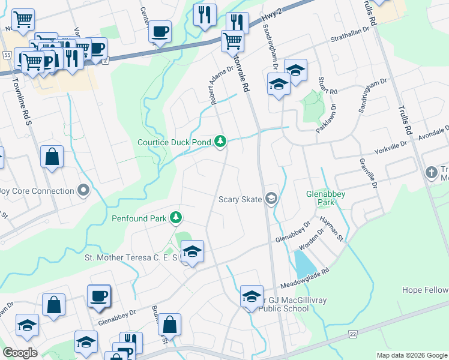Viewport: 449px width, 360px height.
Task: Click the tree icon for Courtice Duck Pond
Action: click(221, 142)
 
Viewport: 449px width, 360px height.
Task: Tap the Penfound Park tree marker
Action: click(176, 217)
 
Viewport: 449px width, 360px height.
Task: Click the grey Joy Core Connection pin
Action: click(83, 191)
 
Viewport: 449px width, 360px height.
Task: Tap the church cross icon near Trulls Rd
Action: click(430, 173)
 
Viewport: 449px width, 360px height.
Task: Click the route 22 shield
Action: click(352, 334)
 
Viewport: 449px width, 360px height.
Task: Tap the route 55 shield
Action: click(7, 55)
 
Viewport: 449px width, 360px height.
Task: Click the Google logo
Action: click(20, 353)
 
